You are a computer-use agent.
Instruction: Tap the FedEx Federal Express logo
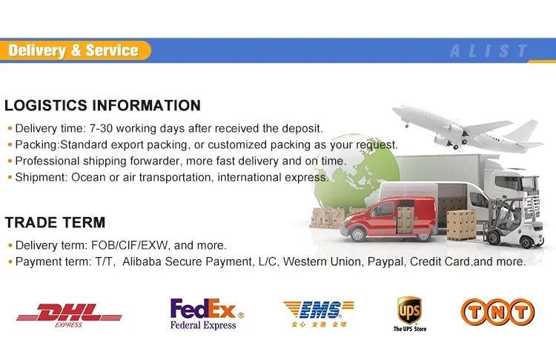pyautogui.click(x=207, y=314)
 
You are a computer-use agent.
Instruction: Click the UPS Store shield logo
pyautogui.click(x=409, y=314)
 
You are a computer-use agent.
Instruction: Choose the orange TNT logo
pyautogui.click(x=498, y=312)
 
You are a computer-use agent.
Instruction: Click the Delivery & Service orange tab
pyautogui.click(x=75, y=50)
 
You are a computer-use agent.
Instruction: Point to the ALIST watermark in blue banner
pyautogui.click(x=489, y=51)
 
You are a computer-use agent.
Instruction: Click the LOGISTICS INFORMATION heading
pyautogui.click(x=103, y=106)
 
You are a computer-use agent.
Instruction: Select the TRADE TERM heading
pyautogui.click(x=56, y=222)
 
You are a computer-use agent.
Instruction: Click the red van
pyautogui.click(x=389, y=219)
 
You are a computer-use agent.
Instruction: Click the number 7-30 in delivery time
pyautogui.click(x=101, y=128)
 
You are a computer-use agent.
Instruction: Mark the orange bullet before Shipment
pyautogui.click(x=10, y=177)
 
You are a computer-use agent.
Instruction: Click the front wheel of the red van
pyautogui.click(x=357, y=234)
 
